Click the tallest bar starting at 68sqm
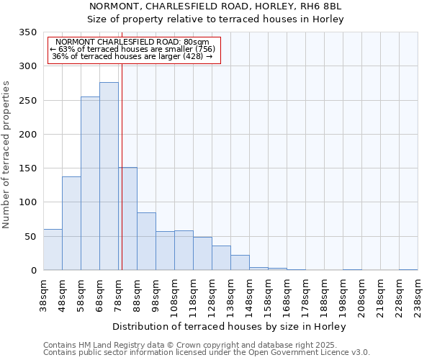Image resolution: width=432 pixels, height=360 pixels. pos(109,176)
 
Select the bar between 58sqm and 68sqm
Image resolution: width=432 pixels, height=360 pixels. pos(90,184)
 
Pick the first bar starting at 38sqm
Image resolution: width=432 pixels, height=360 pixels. pos(53,250)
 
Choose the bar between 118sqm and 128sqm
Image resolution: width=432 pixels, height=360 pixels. pos(202,253)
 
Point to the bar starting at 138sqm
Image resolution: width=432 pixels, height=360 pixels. pos(240,263)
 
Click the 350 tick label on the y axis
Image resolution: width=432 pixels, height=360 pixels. pos(27,32)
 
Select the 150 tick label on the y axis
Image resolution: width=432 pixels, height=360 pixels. pos(27,168)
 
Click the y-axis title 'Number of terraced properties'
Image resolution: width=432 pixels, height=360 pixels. pos(6,155)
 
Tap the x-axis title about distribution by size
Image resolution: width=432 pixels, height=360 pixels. pos(230,326)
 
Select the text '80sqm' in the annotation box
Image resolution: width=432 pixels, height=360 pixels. pos(196,42)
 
